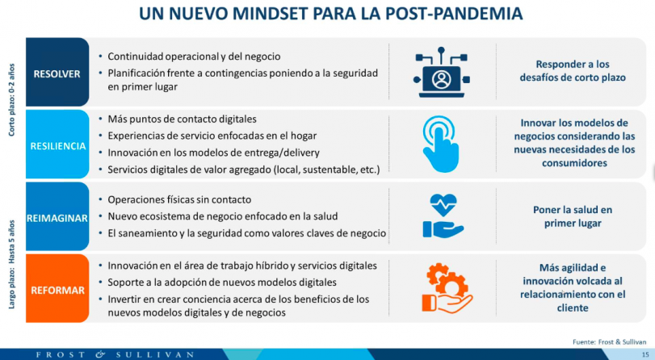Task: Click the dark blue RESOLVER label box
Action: (57, 73)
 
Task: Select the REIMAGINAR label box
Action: (57, 217)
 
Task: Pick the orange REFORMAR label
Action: (57, 289)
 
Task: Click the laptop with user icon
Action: (442, 73)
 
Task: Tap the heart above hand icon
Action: (443, 216)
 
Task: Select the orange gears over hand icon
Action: (447, 288)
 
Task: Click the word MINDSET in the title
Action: (271, 14)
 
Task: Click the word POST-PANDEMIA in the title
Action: (454, 14)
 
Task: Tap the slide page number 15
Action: (645, 355)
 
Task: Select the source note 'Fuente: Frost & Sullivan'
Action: (610, 342)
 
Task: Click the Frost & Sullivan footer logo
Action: (115, 355)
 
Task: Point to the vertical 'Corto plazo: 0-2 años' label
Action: (11, 100)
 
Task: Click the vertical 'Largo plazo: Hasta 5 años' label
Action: (11, 265)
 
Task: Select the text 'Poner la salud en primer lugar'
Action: (573, 216)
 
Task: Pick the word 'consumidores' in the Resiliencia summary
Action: (574, 163)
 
